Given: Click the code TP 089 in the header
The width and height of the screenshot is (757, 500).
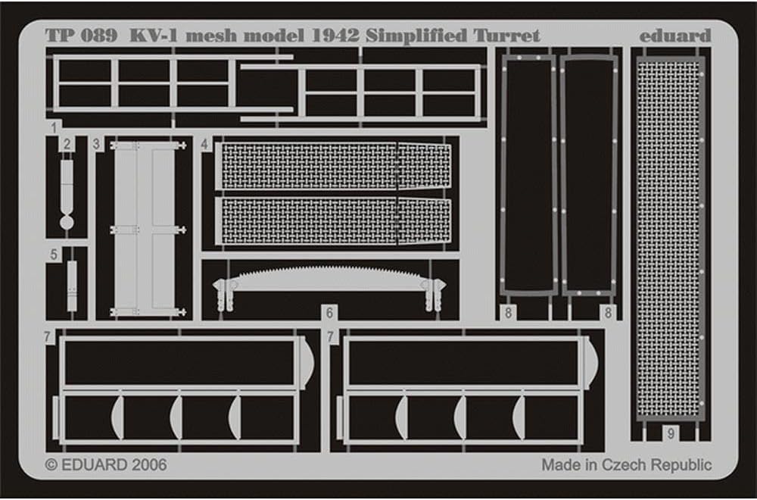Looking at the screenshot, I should click(80, 36).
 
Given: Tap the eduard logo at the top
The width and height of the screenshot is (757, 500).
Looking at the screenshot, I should click(675, 36).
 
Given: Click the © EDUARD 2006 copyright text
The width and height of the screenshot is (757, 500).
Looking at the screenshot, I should click(105, 464).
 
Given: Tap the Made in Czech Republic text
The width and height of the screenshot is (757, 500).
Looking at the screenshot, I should click(626, 464).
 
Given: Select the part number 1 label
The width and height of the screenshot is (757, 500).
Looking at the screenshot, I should click(54, 127).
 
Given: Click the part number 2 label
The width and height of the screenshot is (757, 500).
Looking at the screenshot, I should click(67, 144).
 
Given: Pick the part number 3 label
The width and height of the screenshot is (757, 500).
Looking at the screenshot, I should click(96, 144).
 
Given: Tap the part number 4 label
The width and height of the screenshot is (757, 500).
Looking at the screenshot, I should click(205, 144).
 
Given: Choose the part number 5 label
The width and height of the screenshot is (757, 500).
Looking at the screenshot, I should click(54, 255).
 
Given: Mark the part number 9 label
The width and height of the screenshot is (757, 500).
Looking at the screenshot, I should click(671, 434).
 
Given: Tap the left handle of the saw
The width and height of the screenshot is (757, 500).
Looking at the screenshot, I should click(223, 292).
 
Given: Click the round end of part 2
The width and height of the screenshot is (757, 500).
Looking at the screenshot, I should click(67, 221).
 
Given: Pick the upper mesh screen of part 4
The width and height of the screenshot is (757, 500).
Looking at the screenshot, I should click(333, 166).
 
